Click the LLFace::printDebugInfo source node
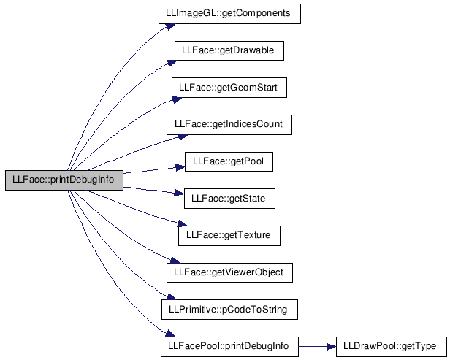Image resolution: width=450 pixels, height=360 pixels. [x=64, y=180]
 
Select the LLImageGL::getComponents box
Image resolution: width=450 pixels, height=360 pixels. [x=229, y=14]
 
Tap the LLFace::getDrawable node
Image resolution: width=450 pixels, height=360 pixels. [x=229, y=51]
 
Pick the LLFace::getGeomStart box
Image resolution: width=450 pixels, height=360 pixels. [x=229, y=88]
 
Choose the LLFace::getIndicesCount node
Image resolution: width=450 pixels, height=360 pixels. [x=229, y=125]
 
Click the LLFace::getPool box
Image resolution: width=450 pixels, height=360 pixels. [x=229, y=162]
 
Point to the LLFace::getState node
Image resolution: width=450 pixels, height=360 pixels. [x=229, y=199]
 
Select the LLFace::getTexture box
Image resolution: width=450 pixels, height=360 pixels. [x=229, y=236]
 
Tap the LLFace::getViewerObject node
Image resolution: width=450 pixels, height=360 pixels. [x=229, y=272]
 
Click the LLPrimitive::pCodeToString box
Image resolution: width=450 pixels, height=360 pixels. [x=229, y=310]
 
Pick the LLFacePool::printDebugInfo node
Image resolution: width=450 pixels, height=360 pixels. [x=229, y=347]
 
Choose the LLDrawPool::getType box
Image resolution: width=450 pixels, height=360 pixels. [x=392, y=347]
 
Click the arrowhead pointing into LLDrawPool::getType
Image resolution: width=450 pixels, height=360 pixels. [x=331, y=347]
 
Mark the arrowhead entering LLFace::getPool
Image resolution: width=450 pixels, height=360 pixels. [x=180, y=167]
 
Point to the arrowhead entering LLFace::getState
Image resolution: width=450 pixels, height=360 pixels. [x=179, y=193]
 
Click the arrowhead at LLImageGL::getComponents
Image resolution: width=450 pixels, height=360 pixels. [x=170, y=26]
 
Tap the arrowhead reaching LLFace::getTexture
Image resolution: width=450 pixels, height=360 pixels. [x=182, y=223]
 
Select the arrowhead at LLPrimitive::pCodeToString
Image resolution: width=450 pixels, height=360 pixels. [x=171, y=297]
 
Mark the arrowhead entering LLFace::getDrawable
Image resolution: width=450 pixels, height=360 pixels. [x=172, y=63]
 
